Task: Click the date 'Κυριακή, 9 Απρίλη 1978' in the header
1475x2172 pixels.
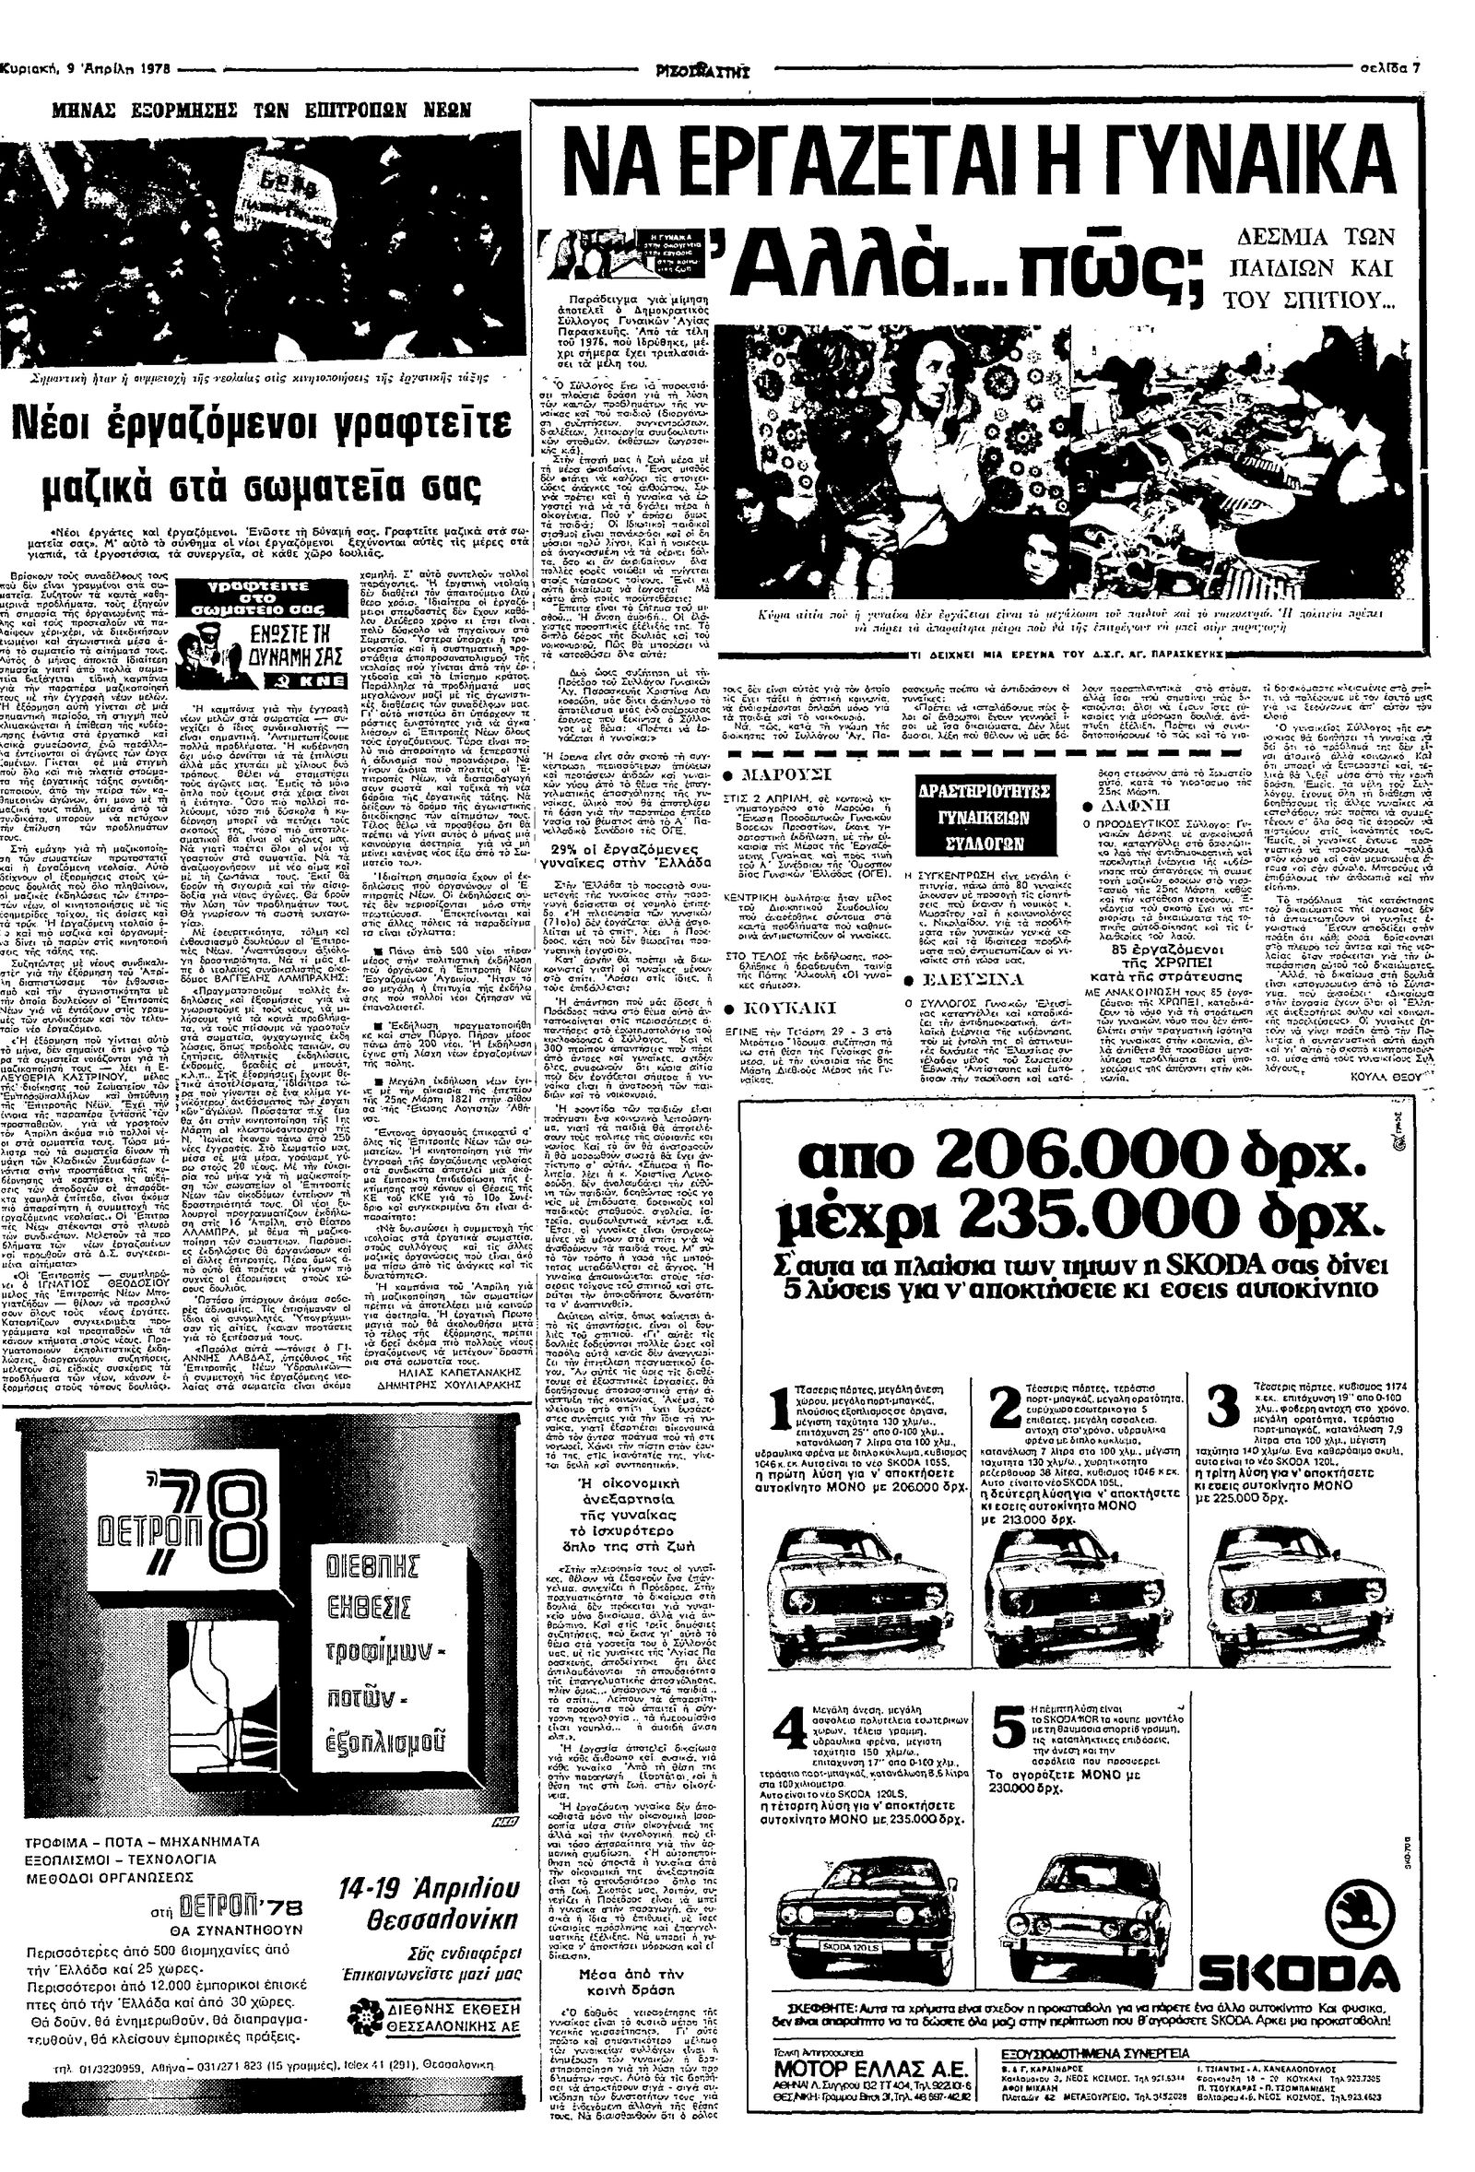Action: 83,67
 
